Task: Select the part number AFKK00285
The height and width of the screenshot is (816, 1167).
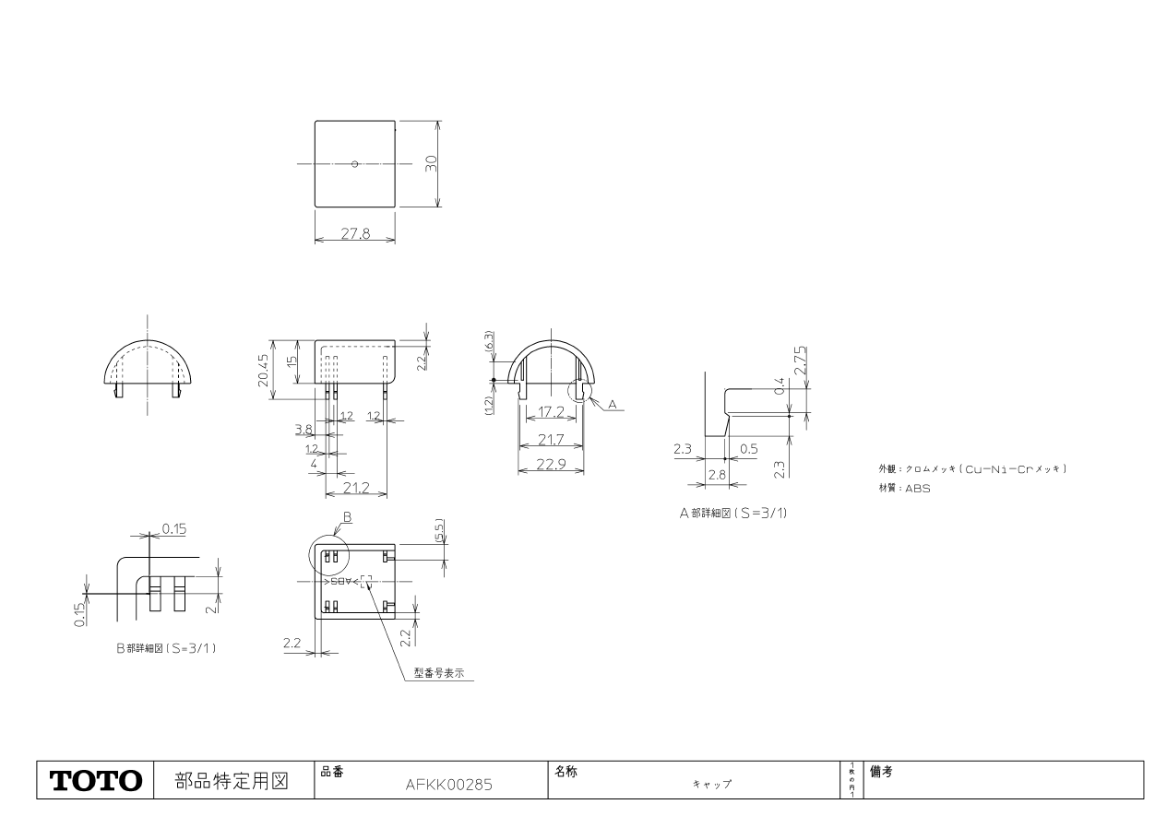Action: pos(449,786)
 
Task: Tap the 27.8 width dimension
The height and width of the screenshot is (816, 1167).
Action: pos(355,234)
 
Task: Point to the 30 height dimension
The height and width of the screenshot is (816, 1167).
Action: pos(431,163)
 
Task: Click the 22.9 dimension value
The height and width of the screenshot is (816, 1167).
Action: pos(551,464)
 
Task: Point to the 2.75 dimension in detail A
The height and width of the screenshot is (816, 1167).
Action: pos(802,359)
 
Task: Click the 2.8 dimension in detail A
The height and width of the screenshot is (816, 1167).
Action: pos(716,473)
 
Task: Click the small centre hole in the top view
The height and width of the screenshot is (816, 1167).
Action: pos(355,164)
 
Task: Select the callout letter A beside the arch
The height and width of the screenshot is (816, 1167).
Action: pos(613,405)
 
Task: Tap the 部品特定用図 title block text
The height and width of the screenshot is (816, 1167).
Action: pos(232,781)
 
